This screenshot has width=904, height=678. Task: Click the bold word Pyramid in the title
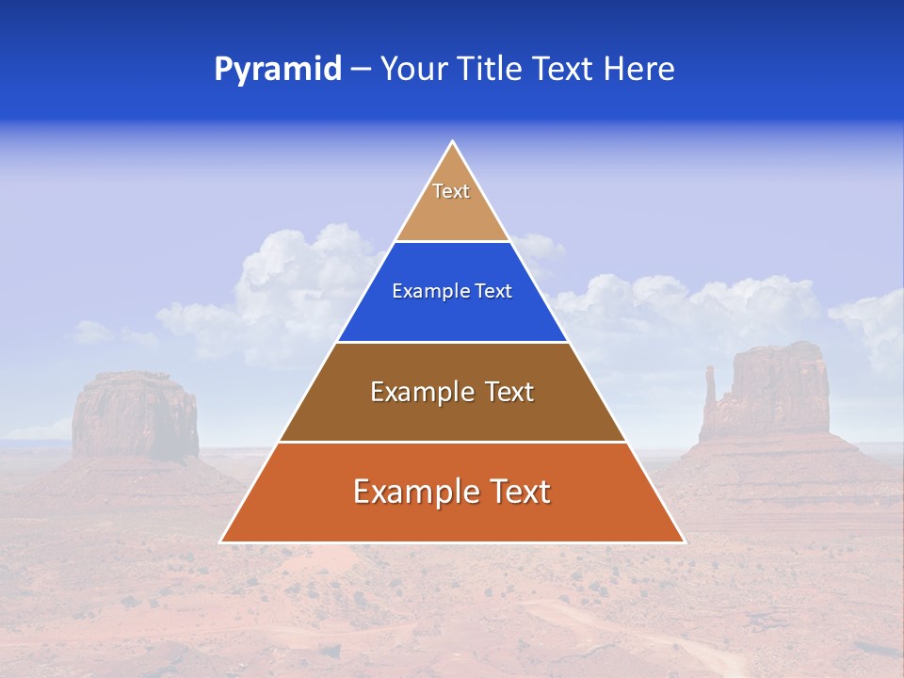click(278, 70)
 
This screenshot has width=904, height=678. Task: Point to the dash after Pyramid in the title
click(360, 71)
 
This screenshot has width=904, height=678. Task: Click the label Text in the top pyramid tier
click(451, 191)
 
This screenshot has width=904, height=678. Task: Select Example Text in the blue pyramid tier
click(452, 291)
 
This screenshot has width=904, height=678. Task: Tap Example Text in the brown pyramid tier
click(452, 392)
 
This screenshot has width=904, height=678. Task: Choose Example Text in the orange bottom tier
click(452, 492)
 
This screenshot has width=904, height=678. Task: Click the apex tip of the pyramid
click(453, 142)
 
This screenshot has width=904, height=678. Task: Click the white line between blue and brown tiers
click(452, 342)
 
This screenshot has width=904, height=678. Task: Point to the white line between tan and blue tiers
click(452, 241)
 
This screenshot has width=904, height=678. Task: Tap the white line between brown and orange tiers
click(452, 442)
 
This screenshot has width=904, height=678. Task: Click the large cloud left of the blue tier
click(292, 282)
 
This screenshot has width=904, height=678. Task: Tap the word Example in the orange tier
click(406, 492)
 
